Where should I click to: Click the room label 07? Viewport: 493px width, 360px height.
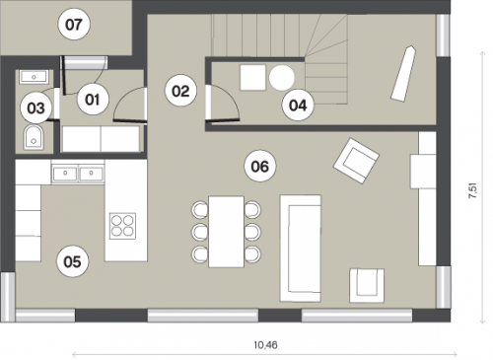click(74, 25)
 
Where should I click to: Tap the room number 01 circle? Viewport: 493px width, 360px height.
click(93, 100)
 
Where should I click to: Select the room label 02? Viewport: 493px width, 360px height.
click(180, 91)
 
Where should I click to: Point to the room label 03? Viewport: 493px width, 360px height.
click(35, 108)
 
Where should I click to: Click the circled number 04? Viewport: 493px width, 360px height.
click(298, 105)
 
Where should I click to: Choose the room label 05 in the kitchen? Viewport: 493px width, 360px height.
click(73, 262)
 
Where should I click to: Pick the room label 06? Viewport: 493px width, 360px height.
click(260, 166)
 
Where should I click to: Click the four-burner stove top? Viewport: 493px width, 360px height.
click(123, 226)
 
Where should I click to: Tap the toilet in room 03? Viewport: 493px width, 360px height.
click(34, 137)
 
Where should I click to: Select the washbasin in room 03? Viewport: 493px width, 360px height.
click(34, 77)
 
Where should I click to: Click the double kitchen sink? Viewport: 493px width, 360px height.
click(78, 173)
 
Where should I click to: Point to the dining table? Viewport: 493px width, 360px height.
click(227, 232)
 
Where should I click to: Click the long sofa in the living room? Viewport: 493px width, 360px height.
click(301, 249)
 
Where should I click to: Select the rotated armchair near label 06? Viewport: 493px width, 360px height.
click(356, 161)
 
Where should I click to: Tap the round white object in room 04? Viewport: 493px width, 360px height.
click(282, 78)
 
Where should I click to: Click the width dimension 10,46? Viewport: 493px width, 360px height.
click(265, 345)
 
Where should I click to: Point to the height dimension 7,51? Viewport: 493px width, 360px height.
click(473, 191)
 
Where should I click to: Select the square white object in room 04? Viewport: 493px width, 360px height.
click(252, 78)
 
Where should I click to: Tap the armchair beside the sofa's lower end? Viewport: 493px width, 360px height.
click(367, 285)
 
